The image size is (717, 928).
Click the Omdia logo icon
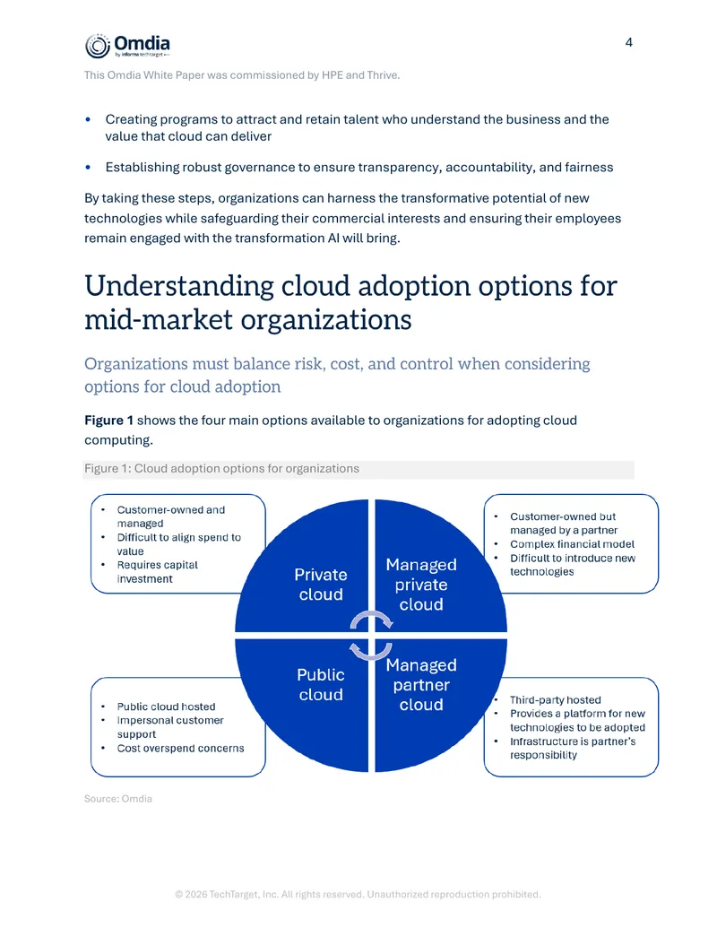pyautogui.click(x=98, y=46)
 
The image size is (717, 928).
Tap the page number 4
pyautogui.click(x=629, y=43)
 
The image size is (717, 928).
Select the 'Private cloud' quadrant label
pyautogui.click(x=321, y=584)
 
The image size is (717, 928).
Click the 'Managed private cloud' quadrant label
pyautogui.click(x=421, y=584)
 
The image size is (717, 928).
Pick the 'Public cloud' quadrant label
pyautogui.click(x=321, y=684)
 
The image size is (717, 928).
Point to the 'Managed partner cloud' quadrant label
pyautogui.click(x=421, y=684)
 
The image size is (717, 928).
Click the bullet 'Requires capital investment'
pyautogui.click(x=158, y=572)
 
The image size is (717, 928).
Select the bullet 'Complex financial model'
pyautogui.click(x=572, y=544)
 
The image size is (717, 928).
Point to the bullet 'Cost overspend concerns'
pyautogui.click(x=180, y=748)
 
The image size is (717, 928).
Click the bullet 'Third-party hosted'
pyautogui.click(x=556, y=699)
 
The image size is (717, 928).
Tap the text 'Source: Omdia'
pyautogui.click(x=118, y=798)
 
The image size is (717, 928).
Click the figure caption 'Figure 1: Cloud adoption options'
pyautogui.click(x=222, y=468)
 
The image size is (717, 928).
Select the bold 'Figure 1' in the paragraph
pyautogui.click(x=108, y=421)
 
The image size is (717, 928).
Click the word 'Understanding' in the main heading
pyautogui.click(x=179, y=287)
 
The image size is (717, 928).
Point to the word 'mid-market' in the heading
pyautogui.click(x=159, y=320)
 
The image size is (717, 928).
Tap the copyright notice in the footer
pyautogui.click(x=358, y=894)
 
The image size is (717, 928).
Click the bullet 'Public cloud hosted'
pyautogui.click(x=166, y=707)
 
